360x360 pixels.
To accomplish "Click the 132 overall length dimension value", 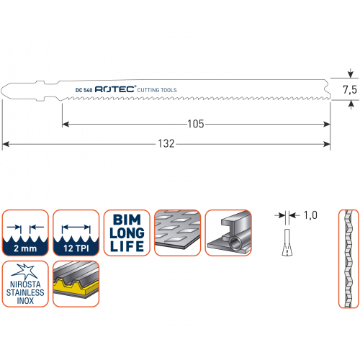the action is pyautogui.click(x=166, y=144).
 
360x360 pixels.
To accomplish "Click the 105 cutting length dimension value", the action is pyautogui.click(x=196, y=124).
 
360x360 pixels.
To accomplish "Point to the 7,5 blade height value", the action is pyautogui.click(x=350, y=90).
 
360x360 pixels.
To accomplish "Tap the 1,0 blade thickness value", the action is pyautogui.click(x=310, y=215).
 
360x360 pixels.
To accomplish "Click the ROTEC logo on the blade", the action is pyautogui.click(x=115, y=89).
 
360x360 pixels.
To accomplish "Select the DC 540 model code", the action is pyautogui.click(x=84, y=90).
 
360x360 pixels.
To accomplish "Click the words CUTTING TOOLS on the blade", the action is pyautogui.click(x=157, y=90).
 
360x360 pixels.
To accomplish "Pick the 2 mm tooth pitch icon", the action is pyautogui.click(x=25, y=233).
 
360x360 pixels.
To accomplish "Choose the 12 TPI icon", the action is pyautogui.click(x=76, y=233).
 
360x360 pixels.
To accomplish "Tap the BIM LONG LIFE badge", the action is pyautogui.click(x=127, y=233).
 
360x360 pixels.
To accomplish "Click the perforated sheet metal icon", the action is pyautogui.click(x=178, y=233).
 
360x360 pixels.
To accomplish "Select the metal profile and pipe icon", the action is pyautogui.click(x=228, y=233).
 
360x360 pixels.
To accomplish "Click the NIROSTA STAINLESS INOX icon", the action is pyautogui.click(x=25, y=284).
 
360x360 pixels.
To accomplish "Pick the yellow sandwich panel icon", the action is pyautogui.click(x=76, y=284).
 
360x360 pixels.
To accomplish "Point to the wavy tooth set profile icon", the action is pyautogui.click(x=348, y=258).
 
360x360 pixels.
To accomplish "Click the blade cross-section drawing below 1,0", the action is pyautogui.click(x=287, y=243).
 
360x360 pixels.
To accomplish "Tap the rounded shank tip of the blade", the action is pyautogui.click(x=2, y=91).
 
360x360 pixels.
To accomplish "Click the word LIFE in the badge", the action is pyautogui.click(x=127, y=246).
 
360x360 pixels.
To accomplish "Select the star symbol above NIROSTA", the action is pyautogui.click(x=24, y=271).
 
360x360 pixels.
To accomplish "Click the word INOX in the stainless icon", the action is pyautogui.click(x=25, y=300).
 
